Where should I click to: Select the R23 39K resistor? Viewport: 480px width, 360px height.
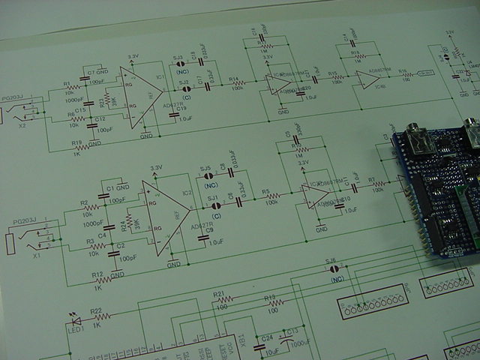109,100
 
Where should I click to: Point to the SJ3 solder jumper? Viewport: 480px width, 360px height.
180,64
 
